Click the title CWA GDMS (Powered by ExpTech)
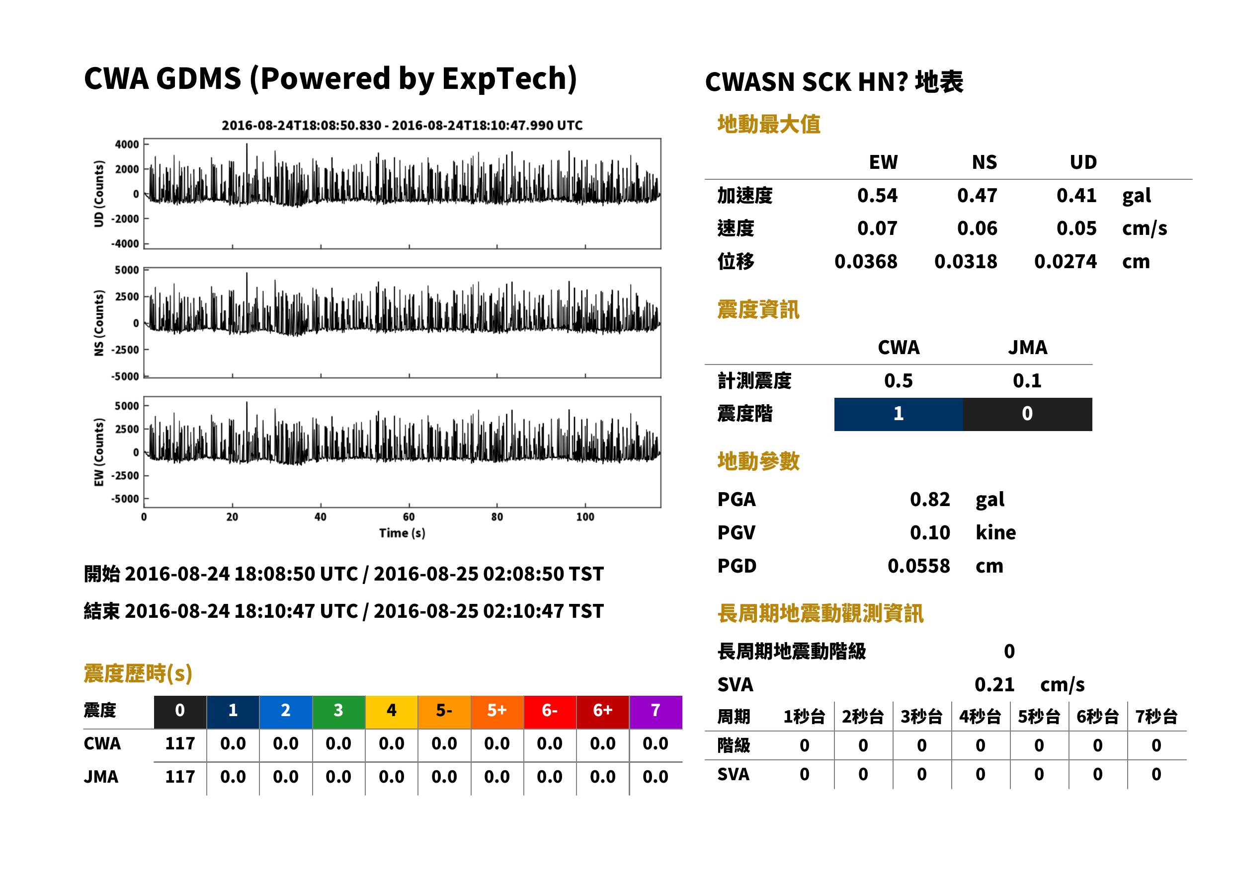pyautogui.click(x=330, y=79)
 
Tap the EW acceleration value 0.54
pyautogui.click(x=877, y=196)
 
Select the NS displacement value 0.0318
pyautogui.click(x=965, y=262)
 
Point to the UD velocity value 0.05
pyautogui.click(x=1076, y=228)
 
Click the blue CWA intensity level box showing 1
pyautogui.click(x=899, y=414)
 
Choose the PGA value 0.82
pyautogui.click(x=930, y=500)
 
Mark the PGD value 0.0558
pyautogui.click(x=918, y=566)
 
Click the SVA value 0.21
pyautogui.click(x=994, y=685)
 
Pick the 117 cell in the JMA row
pyautogui.click(x=180, y=777)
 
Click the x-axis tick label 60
pyautogui.click(x=409, y=517)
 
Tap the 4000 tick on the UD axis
pyautogui.click(x=127, y=145)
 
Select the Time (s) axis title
pyautogui.click(x=402, y=533)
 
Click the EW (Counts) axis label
pyautogui.click(x=99, y=452)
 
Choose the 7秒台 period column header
pyautogui.click(x=1156, y=717)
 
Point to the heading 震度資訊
pyautogui.click(x=758, y=310)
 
